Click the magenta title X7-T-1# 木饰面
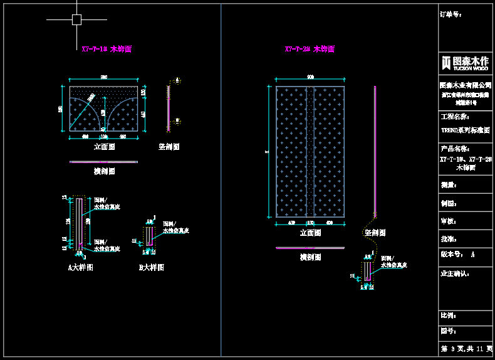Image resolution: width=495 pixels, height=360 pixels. (107, 48)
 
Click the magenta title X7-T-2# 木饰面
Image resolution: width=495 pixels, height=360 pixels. (310, 48)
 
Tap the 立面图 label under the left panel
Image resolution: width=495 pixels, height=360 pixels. (104, 147)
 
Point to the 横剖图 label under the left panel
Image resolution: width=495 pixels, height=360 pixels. (104, 171)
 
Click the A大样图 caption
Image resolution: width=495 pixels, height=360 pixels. (81, 267)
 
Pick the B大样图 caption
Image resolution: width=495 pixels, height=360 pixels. (151, 267)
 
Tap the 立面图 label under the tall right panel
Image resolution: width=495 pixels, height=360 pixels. (310, 233)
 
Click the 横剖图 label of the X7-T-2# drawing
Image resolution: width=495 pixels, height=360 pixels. (310, 257)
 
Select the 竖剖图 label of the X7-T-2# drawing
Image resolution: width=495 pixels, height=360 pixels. (375, 233)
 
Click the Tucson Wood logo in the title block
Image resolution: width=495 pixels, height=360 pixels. (464, 62)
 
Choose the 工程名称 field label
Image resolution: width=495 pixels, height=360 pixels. (456, 117)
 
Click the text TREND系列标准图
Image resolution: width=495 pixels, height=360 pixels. (464, 130)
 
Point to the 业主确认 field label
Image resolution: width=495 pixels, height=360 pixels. (456, 273)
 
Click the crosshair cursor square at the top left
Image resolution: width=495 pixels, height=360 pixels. (76, 19)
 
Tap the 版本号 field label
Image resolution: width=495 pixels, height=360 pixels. (452, 255)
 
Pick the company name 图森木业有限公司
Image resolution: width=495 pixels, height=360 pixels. (464, 85)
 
